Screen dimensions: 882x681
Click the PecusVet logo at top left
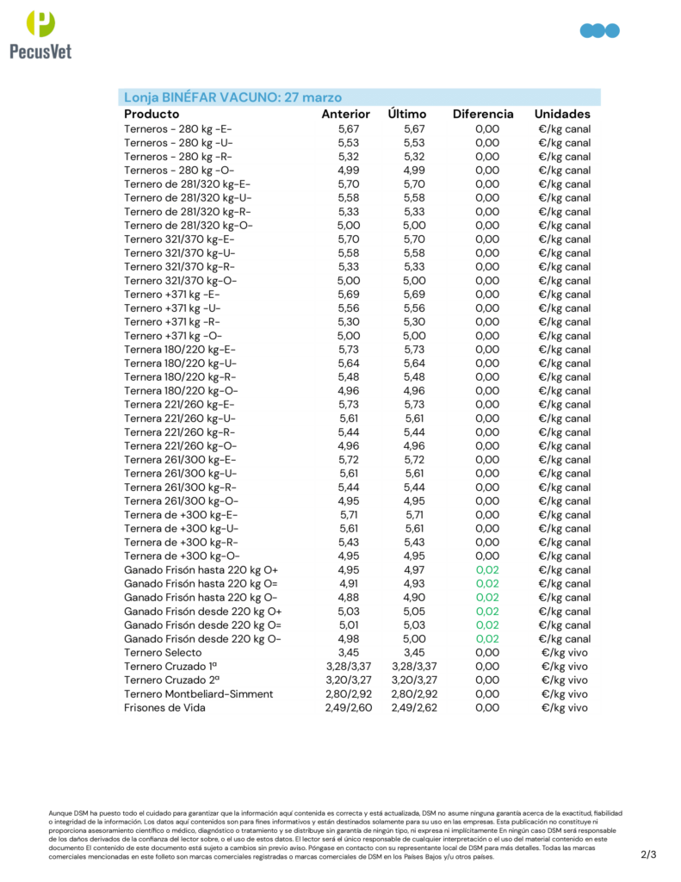tap(40, 34)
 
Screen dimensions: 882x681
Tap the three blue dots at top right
tap(600, 31)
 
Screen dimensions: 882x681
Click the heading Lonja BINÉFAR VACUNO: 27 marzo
tap(233, 97)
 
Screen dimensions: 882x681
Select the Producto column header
tap(152, 114)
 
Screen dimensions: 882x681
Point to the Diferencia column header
tap(483, 114)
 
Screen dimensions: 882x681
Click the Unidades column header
tap(562, 114)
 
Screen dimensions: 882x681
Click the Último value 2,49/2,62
tap(414, 708)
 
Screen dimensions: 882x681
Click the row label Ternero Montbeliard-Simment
tap(198, 694)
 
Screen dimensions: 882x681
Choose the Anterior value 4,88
tap(349, 598)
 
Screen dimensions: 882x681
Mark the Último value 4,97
tap(414, 570)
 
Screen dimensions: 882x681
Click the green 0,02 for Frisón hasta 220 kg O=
tap(486, 584)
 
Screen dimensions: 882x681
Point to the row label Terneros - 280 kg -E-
tap(178, 129)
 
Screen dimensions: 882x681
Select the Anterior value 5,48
tap(349, 377)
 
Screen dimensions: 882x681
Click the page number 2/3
tap(648, 855)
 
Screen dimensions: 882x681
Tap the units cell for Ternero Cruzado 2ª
tap(564, 680)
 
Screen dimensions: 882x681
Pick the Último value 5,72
tap(414, 460)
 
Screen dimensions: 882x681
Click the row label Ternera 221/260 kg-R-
tap(179, 432)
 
